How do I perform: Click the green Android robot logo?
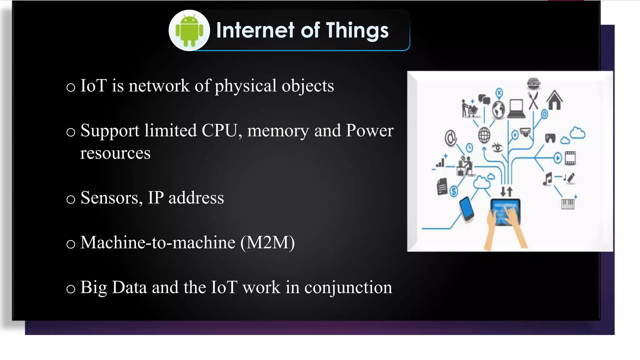(x=189, y=30)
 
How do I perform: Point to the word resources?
(x=115, y=153)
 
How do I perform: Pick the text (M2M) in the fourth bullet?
(x=267, y=242)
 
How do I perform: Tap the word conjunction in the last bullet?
(x=348, y=287)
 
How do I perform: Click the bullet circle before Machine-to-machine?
(x=71, y=244)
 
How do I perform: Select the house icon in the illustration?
(x=555, y=100)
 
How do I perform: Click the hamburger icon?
(x=534, y=83)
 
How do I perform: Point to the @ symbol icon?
(x=451, y=138)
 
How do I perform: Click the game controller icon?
(x=550, y=137)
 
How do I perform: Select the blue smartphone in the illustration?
(x=467, y=208)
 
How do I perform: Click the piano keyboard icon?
(x=568, y=204)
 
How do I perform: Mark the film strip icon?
(x=570, y=158)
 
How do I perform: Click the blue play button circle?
(x=558, y=158)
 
